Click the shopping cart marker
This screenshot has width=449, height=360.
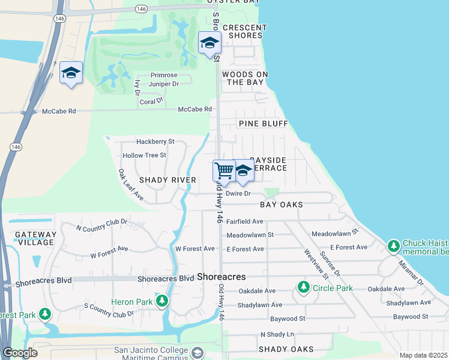pos(224,170)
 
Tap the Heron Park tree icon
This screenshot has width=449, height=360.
pos(161,301)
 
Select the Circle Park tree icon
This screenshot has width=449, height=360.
pos(303,289)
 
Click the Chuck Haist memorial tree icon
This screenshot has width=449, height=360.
pos(394,246)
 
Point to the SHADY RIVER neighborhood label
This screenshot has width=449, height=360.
pos(167,180)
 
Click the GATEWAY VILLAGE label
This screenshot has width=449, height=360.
pos(35,238)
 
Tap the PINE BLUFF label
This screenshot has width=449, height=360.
pos(264,124)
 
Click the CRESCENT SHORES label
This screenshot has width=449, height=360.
pos(244,31)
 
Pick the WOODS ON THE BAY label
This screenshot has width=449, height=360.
pos(245,78)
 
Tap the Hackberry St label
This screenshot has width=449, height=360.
pos(155,142)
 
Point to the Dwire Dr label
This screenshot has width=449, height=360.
pos(238,193)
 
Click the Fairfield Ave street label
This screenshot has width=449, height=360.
pos(245,221)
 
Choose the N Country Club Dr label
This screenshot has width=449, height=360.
pos(101,225)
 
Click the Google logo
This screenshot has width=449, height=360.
pos(20,353)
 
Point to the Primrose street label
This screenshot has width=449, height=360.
pos(164,75)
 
